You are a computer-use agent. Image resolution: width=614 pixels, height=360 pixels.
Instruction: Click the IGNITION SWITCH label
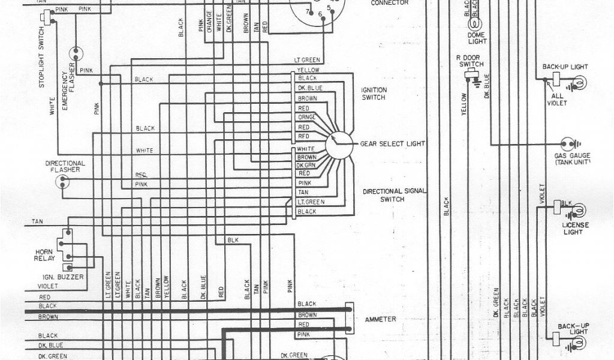[374, 94]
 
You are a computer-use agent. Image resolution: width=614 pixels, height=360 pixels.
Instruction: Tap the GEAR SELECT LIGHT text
[392, 145]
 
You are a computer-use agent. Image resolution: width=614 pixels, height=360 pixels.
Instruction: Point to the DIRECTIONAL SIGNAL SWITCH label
[393, 195]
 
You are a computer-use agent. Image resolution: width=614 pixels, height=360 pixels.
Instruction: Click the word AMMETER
[380, 319]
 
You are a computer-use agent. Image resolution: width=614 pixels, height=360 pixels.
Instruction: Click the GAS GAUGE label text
[572, 159]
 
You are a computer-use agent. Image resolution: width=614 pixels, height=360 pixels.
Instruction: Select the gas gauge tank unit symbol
[568, 144]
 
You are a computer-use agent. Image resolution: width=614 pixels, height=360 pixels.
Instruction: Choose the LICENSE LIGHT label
[576, 229]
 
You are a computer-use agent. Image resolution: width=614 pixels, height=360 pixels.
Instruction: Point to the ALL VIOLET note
[557, 100]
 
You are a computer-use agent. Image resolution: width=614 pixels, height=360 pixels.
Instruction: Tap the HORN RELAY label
[44, 254]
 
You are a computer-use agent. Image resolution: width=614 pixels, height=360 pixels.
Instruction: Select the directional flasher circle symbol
[62, 182]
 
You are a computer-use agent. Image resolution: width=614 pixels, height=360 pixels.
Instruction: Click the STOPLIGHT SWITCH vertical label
[42, 65]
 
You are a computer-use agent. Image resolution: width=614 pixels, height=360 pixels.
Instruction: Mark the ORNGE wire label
[306, 118]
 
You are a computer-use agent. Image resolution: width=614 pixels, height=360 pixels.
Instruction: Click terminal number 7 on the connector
[308, 12]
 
